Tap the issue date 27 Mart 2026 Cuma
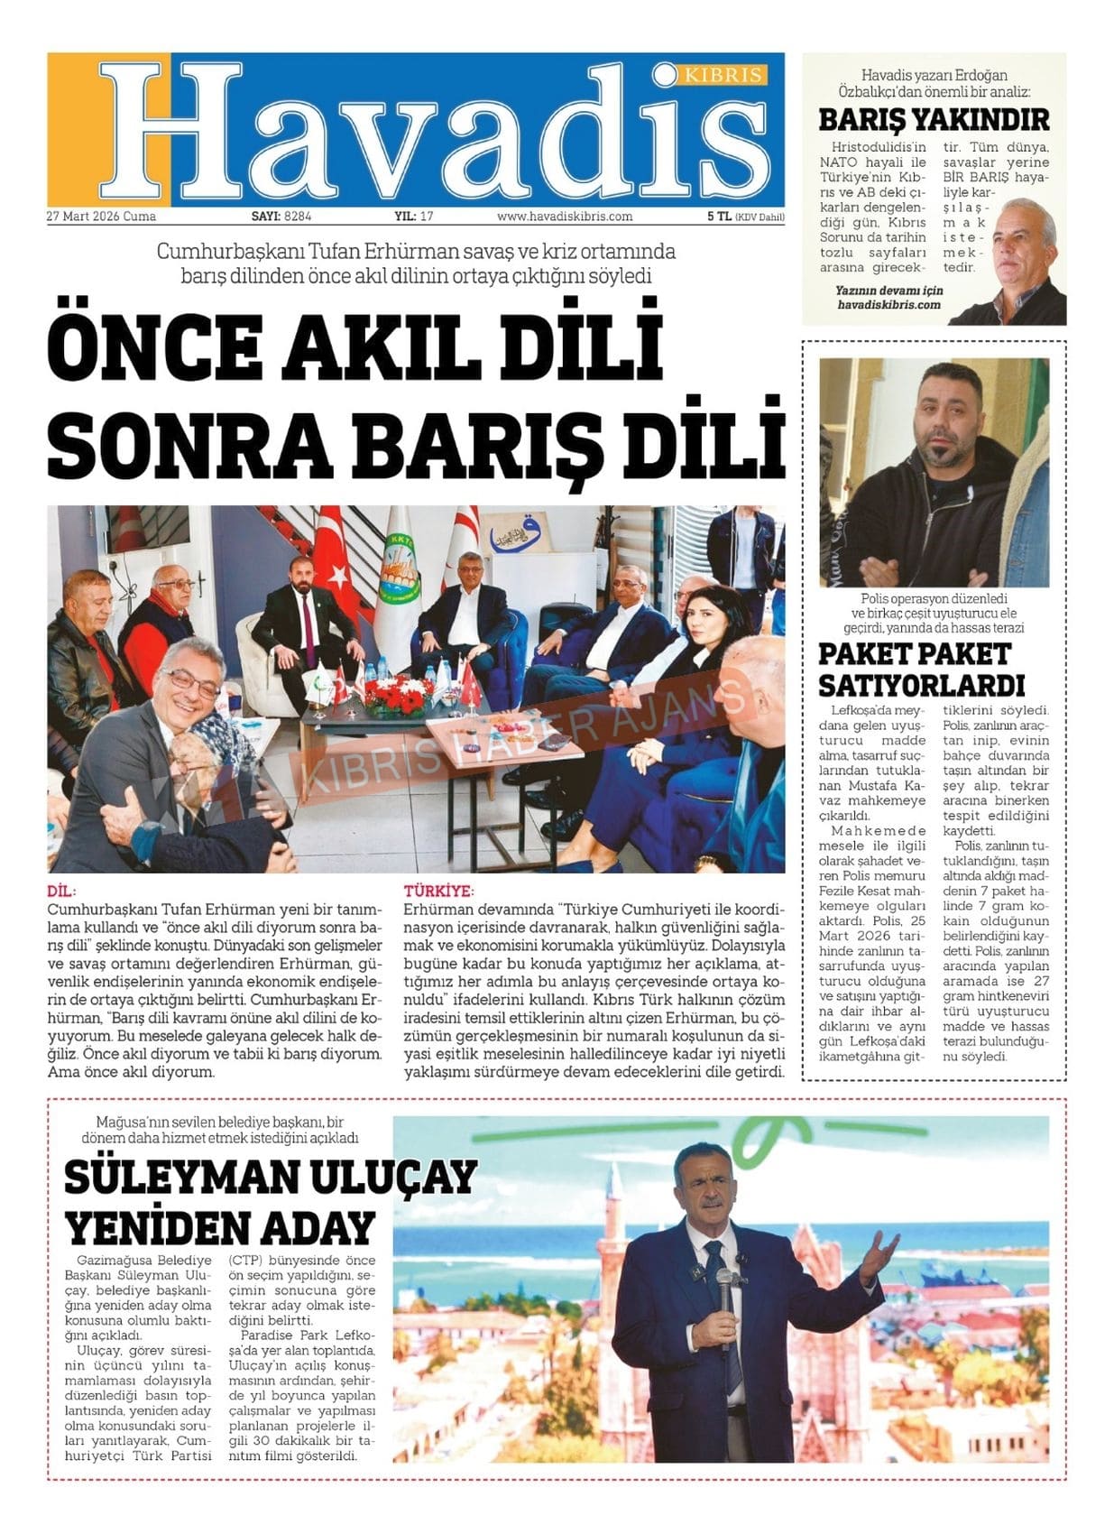pos(101,217)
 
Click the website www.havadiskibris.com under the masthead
pos(565,217)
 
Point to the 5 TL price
pos(718,217)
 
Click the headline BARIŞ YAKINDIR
pos(934,119)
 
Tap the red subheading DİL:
pos(61,890)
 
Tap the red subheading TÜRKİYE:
pos(438,890)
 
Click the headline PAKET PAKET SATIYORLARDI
pos(921,668)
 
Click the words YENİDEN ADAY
pos(221,1226)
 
